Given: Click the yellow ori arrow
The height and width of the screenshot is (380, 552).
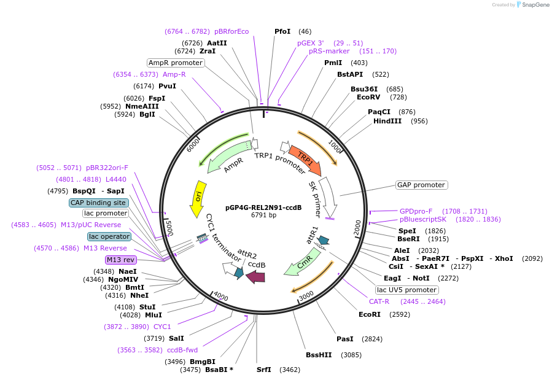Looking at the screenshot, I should [198, 198].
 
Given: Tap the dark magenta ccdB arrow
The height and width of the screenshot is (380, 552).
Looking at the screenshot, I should [255, 277].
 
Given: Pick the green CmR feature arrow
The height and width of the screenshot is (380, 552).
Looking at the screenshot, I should [303, 261].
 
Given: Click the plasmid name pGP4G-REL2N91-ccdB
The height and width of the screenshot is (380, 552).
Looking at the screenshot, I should [263, 207].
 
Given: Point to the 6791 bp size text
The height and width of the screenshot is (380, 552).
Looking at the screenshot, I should [263, 215].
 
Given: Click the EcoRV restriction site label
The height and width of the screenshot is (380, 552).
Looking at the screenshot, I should [368, 97].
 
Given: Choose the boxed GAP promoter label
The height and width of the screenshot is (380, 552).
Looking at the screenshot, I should [421, 185].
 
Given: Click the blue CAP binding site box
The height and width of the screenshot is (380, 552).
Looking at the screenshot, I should [98, 203].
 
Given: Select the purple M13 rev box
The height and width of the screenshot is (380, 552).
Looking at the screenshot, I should [120, 260].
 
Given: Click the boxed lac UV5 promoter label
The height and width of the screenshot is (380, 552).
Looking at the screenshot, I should [406, 290].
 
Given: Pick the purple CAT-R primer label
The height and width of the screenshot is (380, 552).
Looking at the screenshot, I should [379, 301].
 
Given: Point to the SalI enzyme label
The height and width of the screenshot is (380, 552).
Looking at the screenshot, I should [176, 338].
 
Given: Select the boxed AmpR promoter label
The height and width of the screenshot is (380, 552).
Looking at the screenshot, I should [176, 63].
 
